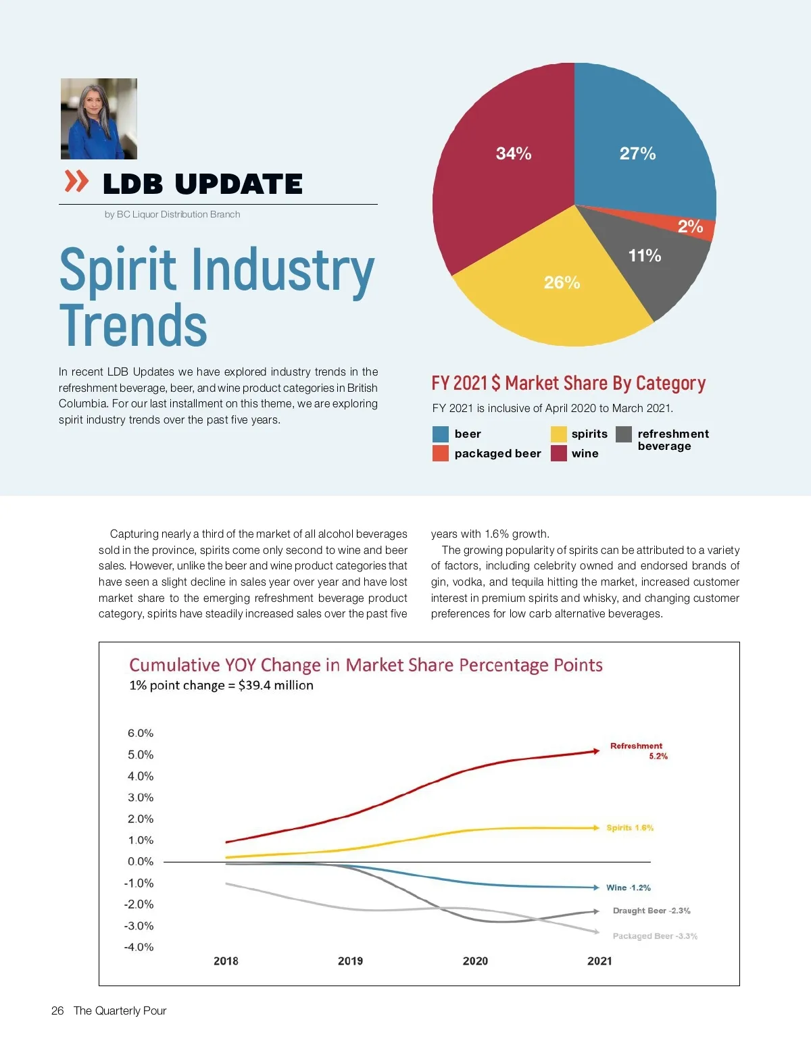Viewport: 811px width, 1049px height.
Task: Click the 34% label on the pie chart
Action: (x=514, y=154)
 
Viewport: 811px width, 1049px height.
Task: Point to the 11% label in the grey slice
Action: (x=645, y=255)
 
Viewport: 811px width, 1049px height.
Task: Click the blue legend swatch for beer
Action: (x=441, y=434)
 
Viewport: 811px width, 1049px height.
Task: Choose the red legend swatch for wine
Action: (x=558, y=453)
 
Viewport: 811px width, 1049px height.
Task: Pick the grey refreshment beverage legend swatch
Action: (x=624, y=434)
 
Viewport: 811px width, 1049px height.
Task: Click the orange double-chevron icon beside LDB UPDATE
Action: (x=76, y=181)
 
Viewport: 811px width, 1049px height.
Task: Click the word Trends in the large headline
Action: (x=133, y=326)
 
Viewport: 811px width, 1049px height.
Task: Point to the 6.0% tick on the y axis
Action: (x=141, y=734)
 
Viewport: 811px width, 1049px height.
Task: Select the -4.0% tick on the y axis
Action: (x=139, y=947)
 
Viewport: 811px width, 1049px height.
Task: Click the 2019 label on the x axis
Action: (x=350, y=961)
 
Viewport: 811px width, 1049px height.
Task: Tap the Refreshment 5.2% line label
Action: (x=638, y=750)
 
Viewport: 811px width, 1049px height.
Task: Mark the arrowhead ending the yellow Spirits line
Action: (x=595, y=827)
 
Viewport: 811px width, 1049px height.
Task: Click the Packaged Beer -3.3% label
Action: (x=655, y=936)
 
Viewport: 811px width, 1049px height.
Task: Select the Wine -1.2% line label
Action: (x=629, y=888)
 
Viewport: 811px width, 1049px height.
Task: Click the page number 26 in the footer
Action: (x=57, y=1010)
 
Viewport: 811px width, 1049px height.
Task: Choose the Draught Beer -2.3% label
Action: (x=652, y=911)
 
